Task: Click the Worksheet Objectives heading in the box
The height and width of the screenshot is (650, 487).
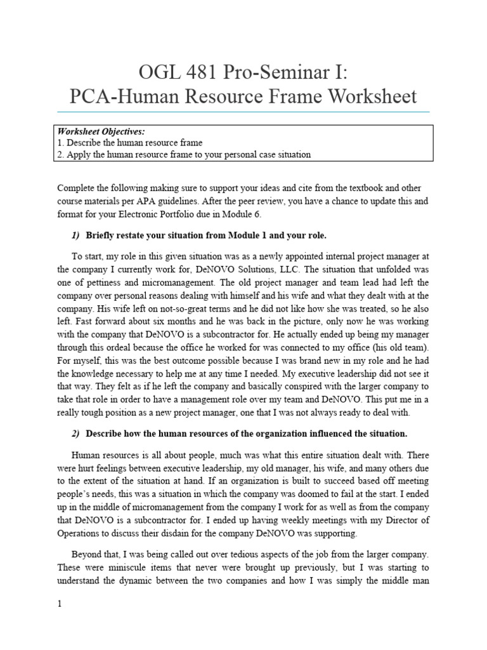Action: point(101,131)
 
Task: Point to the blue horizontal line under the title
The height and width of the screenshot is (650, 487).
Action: point(243,112)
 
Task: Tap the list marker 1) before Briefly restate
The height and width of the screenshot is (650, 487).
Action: point(75,235)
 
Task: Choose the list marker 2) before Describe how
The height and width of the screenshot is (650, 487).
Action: point(75,434)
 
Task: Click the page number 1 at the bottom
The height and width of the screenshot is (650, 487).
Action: point(60,604)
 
